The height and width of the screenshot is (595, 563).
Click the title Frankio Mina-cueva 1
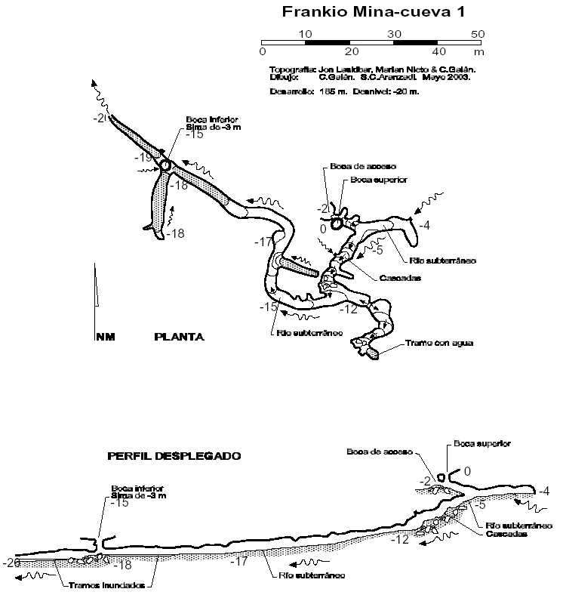click(373, 12)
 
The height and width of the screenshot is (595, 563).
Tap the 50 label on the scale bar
click(477, 33)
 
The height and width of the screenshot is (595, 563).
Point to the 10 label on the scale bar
click(305, 33)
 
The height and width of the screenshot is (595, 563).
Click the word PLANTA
click(180, 337)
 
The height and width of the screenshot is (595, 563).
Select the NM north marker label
click(103, 337)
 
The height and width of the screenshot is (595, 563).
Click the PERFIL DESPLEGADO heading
click(174, 456)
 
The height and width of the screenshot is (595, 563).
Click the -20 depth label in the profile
click(11, 563)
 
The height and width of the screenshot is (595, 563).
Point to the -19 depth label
click(144, 158)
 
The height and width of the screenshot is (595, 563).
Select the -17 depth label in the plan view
click(263, 242)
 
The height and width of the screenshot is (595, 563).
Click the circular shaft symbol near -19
click(165, 165)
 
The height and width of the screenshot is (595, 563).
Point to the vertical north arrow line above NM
click(96, 287)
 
